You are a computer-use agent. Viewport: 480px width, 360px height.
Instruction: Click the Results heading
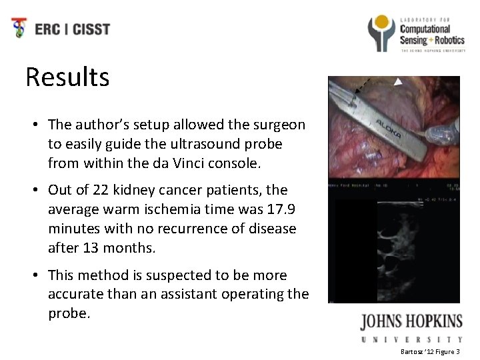[x=67, y=77]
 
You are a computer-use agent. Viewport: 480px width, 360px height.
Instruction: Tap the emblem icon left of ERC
[x=21, y=29]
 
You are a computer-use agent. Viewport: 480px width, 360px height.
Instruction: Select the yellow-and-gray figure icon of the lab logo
[x=382, y=31]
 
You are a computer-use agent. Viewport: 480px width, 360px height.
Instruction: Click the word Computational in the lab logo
[x=425, y=29]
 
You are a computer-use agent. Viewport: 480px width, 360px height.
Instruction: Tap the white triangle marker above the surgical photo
[x=398, y=82]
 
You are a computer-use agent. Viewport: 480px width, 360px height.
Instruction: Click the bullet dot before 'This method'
[x=33, y=275]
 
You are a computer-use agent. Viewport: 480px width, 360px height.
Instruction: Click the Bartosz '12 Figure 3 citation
[x=435, y=351]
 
